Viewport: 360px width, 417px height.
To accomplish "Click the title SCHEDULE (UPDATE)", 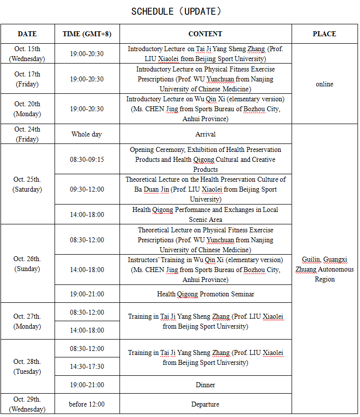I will point(176,11).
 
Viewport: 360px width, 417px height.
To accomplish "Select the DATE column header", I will point(27,34).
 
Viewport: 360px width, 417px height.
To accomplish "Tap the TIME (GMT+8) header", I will point(87,34).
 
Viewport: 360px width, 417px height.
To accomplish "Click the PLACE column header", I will point(324,34).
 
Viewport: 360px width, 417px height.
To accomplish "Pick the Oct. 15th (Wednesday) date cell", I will point(27,54).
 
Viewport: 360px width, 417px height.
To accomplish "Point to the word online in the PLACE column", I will point(324,84).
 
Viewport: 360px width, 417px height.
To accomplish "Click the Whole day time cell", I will point(87,134).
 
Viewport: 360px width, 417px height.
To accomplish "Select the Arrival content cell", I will point(205,134).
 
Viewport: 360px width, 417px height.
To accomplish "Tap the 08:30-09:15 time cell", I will point(87,159).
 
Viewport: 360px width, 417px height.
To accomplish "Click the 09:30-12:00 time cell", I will point(87,189).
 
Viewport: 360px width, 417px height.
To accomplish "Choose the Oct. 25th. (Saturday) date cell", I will point(27,184).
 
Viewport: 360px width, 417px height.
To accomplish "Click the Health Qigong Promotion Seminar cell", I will point(205,294).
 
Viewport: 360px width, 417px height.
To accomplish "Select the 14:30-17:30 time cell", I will point(87,366).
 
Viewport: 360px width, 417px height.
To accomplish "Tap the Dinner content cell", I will point(205,385).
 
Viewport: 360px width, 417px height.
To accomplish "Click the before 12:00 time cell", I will point(87,404).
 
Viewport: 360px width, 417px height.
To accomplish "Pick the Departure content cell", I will point(205,404).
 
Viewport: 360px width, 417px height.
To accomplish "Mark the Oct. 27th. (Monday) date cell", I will point(27,321).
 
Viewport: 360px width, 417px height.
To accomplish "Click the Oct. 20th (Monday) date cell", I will point(27,109).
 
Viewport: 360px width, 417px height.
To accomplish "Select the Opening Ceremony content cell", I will point(205,159).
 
